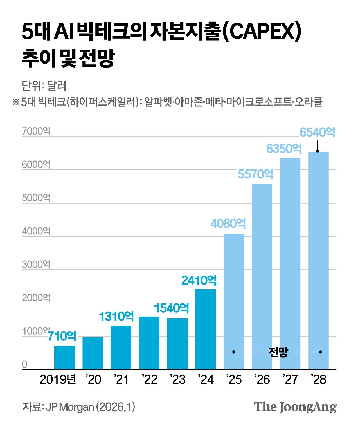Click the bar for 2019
click(64, 357)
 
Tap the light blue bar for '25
click(234, 301)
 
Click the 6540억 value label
click(317, 132)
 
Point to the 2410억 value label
click(199, 281)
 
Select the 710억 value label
click(62, 336)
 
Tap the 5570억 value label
click(255, 174)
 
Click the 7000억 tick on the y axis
click(36, 131)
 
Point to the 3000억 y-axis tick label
click(36, 265)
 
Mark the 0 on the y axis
click(25, 365)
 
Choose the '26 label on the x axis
click(262, 380)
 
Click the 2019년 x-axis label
click(58, 380)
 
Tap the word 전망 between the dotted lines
click(278, 352)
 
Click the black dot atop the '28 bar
click(317, 151)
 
